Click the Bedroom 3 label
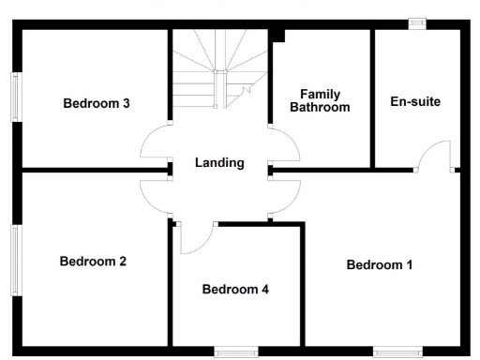(97, 103)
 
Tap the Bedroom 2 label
(93, 262)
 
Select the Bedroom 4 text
(235, 290)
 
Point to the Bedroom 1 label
(379, 265)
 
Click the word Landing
(219, 163)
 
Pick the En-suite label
(414, 101)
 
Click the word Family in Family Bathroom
(320, 95)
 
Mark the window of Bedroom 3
(16, 97)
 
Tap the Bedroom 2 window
(16, 260)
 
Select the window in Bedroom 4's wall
(235, 352)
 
